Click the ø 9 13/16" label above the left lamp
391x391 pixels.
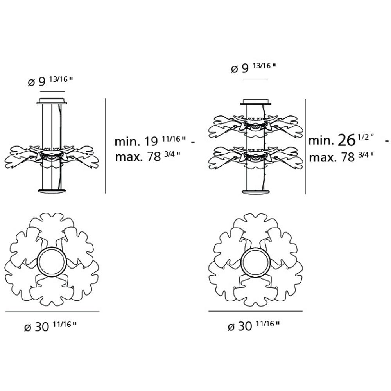tap(50, 81)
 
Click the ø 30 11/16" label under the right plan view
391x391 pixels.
tap(253, 325)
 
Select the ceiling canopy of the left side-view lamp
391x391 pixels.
tap(52, 100)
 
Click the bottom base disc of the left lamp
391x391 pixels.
tap(52, 191)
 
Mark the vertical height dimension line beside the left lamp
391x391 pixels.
tap(106, 145)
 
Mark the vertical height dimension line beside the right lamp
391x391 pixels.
tap(305, 145)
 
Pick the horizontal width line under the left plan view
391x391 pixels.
tap(52, 312)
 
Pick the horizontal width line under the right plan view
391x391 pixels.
tap(255, 311)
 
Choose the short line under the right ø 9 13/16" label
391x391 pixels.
tap(256, 79)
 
